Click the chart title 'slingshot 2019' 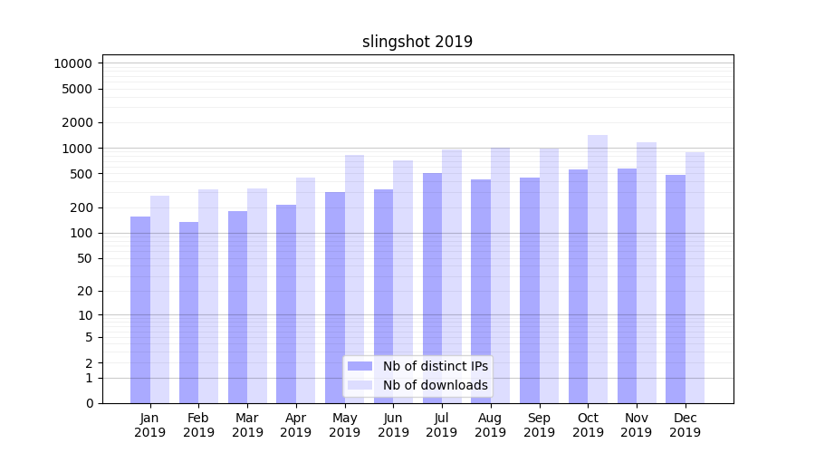417,42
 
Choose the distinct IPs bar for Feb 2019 188,313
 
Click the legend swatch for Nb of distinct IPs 360,366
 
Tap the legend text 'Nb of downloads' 436,385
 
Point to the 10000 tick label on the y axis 72,63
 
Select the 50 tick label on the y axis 83,258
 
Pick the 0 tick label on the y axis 89,403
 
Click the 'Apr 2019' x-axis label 296,425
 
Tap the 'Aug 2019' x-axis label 491,425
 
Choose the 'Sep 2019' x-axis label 539,425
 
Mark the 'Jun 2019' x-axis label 393,425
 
